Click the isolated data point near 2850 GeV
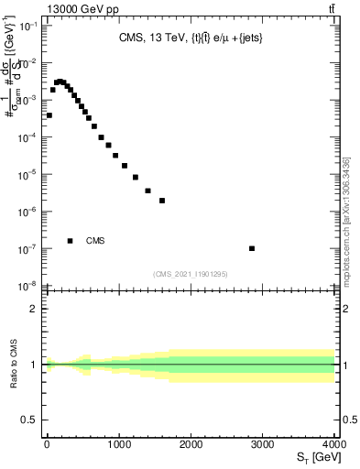coord(252,248)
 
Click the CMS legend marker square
coord(71,241)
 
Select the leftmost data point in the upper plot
coord(49,115)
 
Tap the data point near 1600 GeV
coord(162,201)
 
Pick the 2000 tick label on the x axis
coord(191,444)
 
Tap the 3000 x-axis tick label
coord(263,444)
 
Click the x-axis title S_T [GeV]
coord(313,457)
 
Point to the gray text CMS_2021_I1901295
coord(191,274)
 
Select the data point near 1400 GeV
coord(147,191)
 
